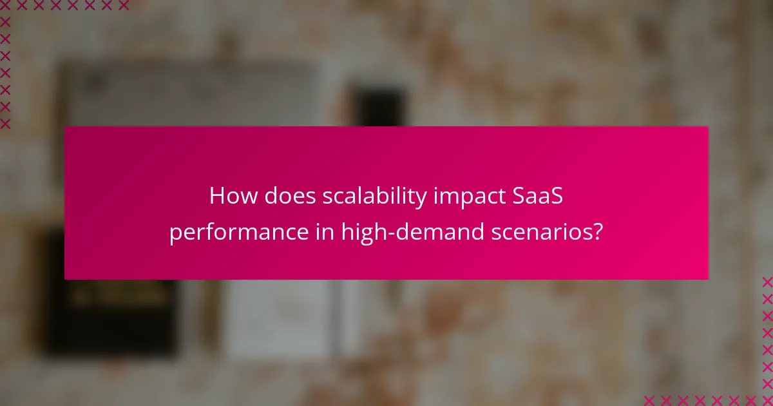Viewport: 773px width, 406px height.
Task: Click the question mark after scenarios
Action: (x=598, y=232)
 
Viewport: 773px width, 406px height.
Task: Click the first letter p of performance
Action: (x=175, y=235)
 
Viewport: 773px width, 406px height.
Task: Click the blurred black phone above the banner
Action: (x=380, y=106)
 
